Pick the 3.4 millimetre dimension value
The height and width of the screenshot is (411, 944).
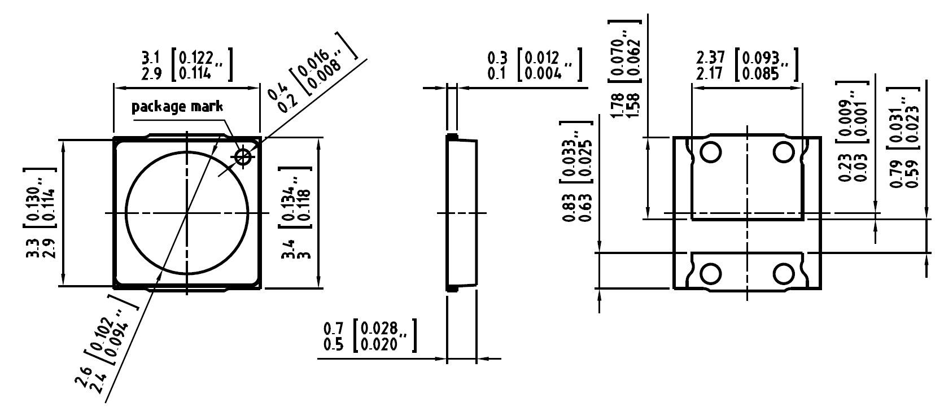290,249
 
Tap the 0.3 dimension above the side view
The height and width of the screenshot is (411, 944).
497,58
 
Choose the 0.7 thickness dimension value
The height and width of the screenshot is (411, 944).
333,328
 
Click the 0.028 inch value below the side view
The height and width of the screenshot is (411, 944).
380,328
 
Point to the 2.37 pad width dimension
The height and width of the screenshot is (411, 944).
710,57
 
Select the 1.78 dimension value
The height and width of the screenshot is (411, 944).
617,105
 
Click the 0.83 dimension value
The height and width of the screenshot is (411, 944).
569,208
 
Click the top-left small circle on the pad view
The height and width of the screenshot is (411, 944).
710,152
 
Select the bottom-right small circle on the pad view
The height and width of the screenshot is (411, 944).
784,274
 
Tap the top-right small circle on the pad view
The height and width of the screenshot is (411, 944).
784,152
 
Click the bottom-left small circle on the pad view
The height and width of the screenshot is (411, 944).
710,274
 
